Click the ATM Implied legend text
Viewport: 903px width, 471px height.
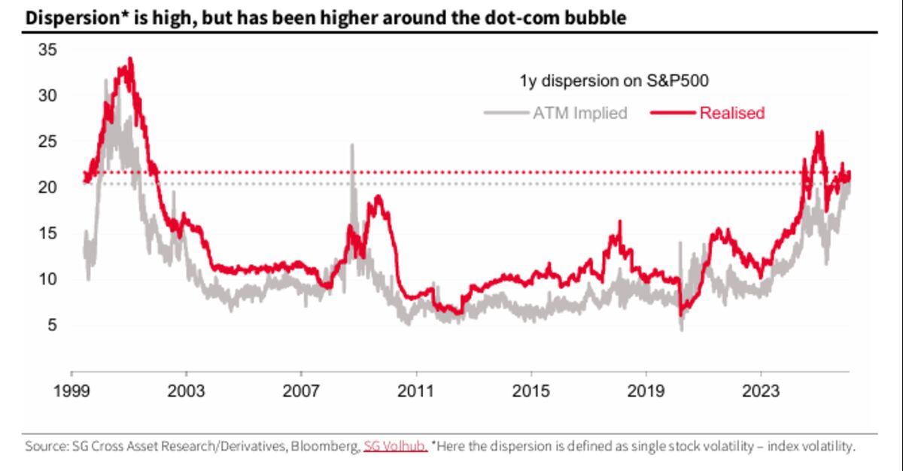pos(580,114)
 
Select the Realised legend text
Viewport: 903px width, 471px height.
pos(732,114)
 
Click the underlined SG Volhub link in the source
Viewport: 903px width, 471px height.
pos(396,446)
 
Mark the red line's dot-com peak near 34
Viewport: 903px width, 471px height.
pos(130,59)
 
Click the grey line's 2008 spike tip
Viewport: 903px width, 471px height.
pos(351,144)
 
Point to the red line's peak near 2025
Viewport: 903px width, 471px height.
pos(819,132)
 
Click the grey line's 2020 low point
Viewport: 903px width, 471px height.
pos(682,330)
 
